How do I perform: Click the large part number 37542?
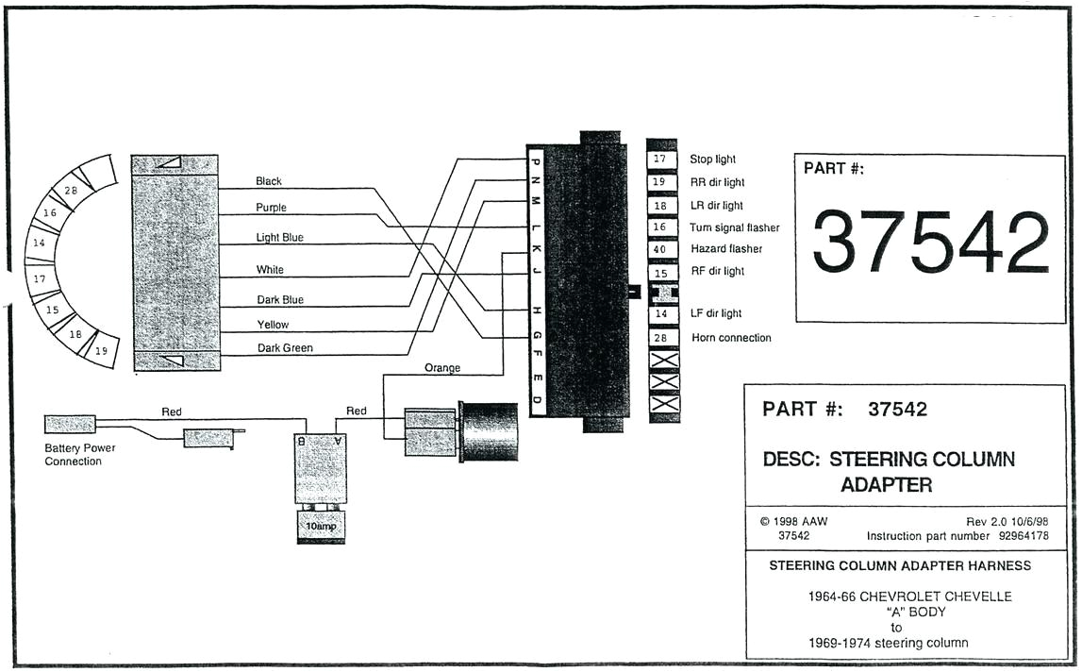(930, 242)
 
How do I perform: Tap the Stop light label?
(712, 160)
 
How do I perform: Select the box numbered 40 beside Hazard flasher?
(660, 249)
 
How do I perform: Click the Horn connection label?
(731, 338)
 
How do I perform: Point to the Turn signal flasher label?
(734, 227)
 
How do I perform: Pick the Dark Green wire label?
(284, 348)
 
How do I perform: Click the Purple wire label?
(271, 208)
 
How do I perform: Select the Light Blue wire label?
(279, 238)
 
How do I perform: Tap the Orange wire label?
(442, 367)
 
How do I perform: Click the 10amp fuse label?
(321, 525)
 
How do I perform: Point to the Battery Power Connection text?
(80, 455)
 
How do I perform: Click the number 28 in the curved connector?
(71, 191)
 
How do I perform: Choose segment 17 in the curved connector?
(40, 280)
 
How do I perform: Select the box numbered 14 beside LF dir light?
(660, 313)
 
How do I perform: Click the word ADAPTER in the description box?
(886, 485)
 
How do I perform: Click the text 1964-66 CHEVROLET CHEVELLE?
(909, 596)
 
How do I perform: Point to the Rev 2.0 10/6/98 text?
(1006, 521)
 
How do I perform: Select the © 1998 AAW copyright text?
(793, 521)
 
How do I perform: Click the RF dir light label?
(717, 271)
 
